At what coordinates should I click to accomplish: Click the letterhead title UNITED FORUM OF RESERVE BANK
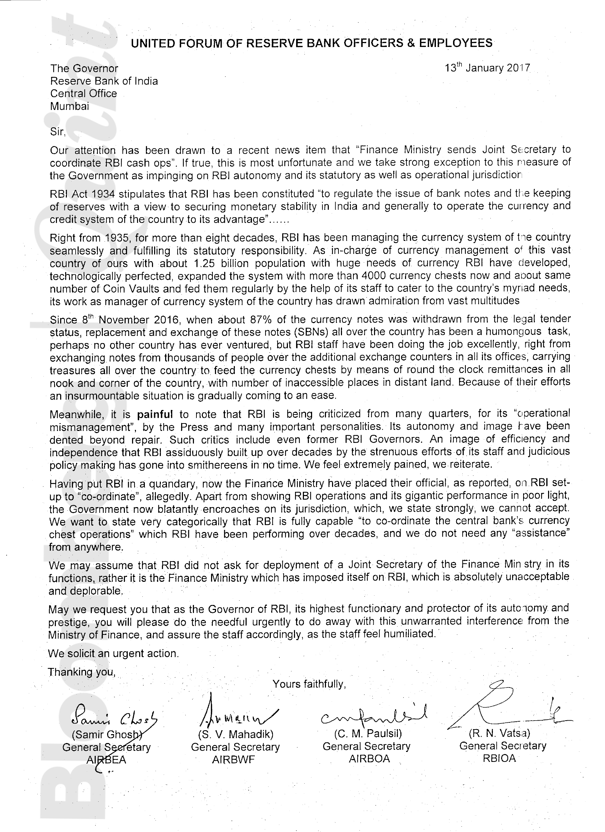pos(311,43)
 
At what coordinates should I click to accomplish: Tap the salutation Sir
pos(58,132)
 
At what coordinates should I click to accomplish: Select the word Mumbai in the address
pos(70,106)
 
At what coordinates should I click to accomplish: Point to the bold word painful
pos(154,415)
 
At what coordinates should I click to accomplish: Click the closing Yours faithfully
pos(309,684)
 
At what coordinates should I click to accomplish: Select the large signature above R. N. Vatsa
pos(503,710)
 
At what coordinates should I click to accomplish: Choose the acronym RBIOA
pos(499,758)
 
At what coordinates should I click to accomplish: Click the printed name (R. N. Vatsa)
pos(499,733)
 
